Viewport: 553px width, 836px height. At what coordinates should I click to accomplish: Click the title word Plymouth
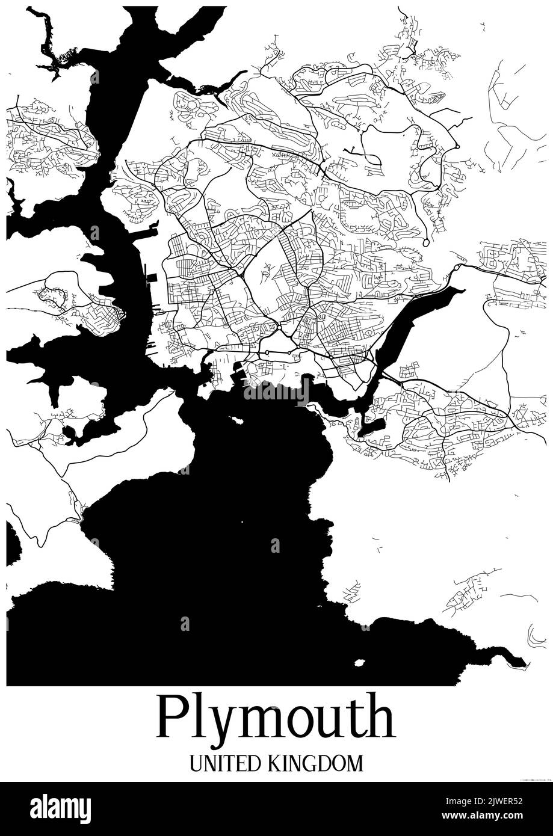(x=276, y=718)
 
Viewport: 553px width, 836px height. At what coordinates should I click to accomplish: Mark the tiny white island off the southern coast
(x=360, y=663)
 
